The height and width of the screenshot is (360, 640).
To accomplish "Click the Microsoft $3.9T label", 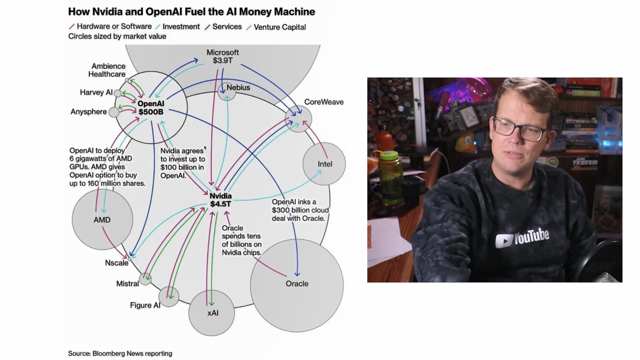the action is click(x=223, y=57).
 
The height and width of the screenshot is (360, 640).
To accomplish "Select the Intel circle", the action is click(x=324, y=164).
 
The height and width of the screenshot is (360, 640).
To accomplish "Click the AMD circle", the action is click(x=102, y=220).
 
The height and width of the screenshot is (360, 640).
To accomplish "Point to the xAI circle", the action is click(x=212, y=313).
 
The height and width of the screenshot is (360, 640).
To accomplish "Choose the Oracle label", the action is click(x=297, y=284).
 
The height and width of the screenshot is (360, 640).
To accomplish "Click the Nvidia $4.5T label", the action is click(x=221, y=200).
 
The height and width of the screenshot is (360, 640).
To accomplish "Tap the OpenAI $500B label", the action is click(x=151, y=108).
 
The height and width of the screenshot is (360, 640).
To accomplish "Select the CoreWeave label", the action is click(x=324, y=102).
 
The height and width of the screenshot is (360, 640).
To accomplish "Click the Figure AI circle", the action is click(x=169, y=297).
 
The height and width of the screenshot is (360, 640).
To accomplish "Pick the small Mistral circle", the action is click(x=145, y=279).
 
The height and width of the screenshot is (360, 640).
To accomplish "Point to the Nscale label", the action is click(x=117, y=263).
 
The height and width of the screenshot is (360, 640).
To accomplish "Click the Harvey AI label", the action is click(x=96, y=92).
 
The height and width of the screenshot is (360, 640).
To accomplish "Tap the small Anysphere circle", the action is click(x=114, y=112).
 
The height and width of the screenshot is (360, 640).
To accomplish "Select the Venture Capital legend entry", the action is click(x=279, y=27).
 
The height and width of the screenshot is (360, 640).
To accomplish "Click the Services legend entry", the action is click(x=227, y=27).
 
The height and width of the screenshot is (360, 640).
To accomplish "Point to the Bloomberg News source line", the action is click(x=120, y=353).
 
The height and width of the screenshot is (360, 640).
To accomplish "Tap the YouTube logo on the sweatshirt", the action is click(x=522, y=237).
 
